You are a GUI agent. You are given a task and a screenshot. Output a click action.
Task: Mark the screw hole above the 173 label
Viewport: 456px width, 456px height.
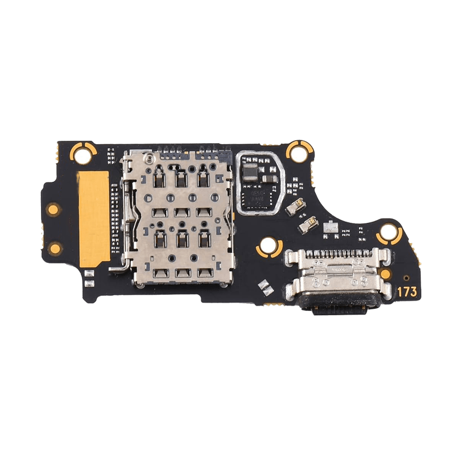(387, 232)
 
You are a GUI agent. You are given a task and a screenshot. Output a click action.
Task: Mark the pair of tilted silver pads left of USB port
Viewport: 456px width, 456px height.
(264, 284)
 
